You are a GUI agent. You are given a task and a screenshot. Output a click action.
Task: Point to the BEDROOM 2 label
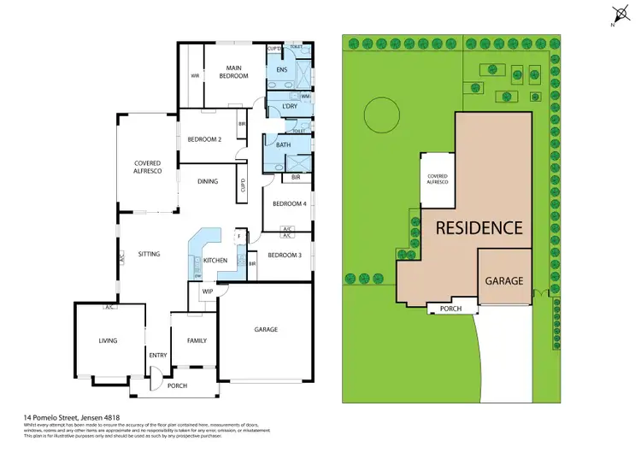click(x=204, y=139)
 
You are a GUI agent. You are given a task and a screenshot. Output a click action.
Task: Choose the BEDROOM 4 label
click(x=289, y=203)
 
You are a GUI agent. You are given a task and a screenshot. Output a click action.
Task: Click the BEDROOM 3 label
click(x=284, y=256)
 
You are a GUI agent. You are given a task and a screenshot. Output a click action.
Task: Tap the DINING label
click(x=208, y=181)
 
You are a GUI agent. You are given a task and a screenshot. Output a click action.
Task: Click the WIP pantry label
click(x=207, y=291)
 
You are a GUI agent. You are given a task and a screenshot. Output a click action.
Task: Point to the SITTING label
click(x=149, y=254)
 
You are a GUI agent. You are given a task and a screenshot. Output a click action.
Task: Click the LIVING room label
click(x=108, y=340)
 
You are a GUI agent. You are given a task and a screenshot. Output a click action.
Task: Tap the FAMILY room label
click(x=197, y=340)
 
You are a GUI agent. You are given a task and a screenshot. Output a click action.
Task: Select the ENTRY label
click(x=158, y=355)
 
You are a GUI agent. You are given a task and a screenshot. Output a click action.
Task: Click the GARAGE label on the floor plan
click(x=266, y=329)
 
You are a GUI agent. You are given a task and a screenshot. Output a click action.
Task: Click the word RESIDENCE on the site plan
click(x=479, y=228)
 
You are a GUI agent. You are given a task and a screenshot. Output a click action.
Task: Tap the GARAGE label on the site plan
click(x=504, y=280)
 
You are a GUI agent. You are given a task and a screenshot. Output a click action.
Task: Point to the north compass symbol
click(x=618, y=15)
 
